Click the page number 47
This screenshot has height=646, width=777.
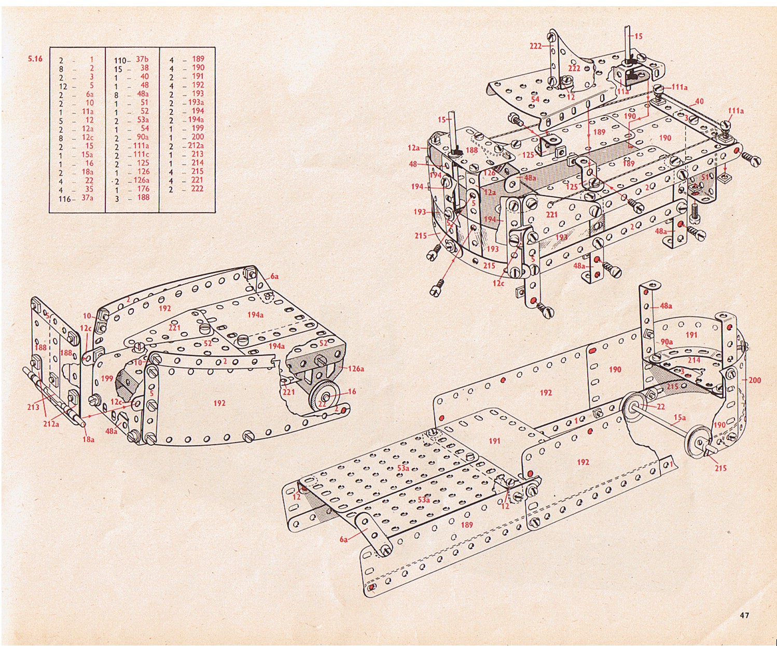click(x=744, y=615)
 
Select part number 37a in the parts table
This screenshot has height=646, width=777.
click(x=87, y=198)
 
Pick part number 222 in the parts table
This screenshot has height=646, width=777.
click(x=198, y=188)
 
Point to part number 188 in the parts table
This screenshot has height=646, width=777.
click(x=143, y=197)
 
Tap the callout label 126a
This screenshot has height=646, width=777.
click(x=356, y=368)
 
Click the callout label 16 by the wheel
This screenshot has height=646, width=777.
click(x=352, y=391)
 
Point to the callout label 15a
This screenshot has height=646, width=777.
click(x=679, y=418)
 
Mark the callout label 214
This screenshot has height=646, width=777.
click(x=693, y=360)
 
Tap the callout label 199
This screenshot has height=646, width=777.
click(x=107, y=379)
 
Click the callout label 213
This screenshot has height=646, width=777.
click(x=33, y=407)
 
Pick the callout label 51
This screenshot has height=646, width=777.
click(x=705, y=177)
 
